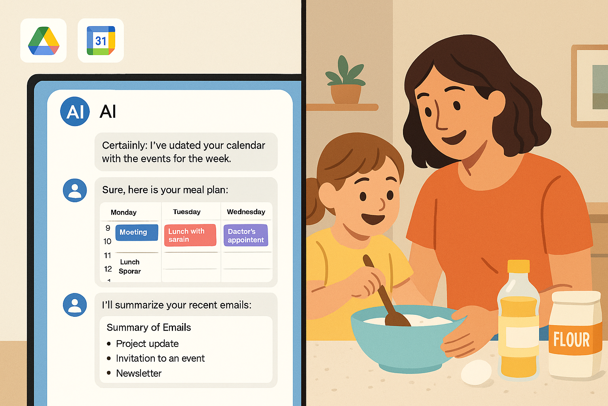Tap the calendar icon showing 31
pos(101,40)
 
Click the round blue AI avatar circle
pos(75,111)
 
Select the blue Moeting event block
pos(137,232)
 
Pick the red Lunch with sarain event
pos(190,235)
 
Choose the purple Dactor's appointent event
pos(246,235)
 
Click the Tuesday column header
pos(187,212)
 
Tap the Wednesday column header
pos(246,212)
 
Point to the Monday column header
pos(123,213)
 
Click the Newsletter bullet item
pos(139,373)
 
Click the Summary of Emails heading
pos(149,327)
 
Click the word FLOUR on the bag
pos(572,339)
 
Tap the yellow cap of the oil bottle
pos(519,266)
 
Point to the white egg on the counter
pos(476,372)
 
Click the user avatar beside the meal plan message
pos(75,190)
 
